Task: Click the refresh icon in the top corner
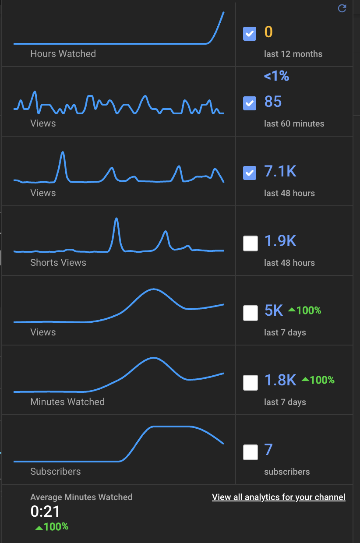342,8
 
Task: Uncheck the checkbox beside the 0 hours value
250,34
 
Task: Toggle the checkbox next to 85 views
250,103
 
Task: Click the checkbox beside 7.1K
250,173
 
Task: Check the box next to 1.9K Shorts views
251,243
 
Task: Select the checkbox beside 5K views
251,313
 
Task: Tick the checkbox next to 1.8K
251,383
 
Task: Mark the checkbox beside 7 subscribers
251,452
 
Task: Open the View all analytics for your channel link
279,497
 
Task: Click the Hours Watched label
63,54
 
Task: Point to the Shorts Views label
58,263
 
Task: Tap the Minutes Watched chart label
67,402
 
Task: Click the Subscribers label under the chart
56,472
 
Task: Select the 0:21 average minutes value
45,511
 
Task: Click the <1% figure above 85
276,76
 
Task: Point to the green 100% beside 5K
305,310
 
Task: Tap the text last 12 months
293,54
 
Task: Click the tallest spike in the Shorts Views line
116,219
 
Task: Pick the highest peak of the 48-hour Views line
63,153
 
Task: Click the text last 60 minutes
294,124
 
